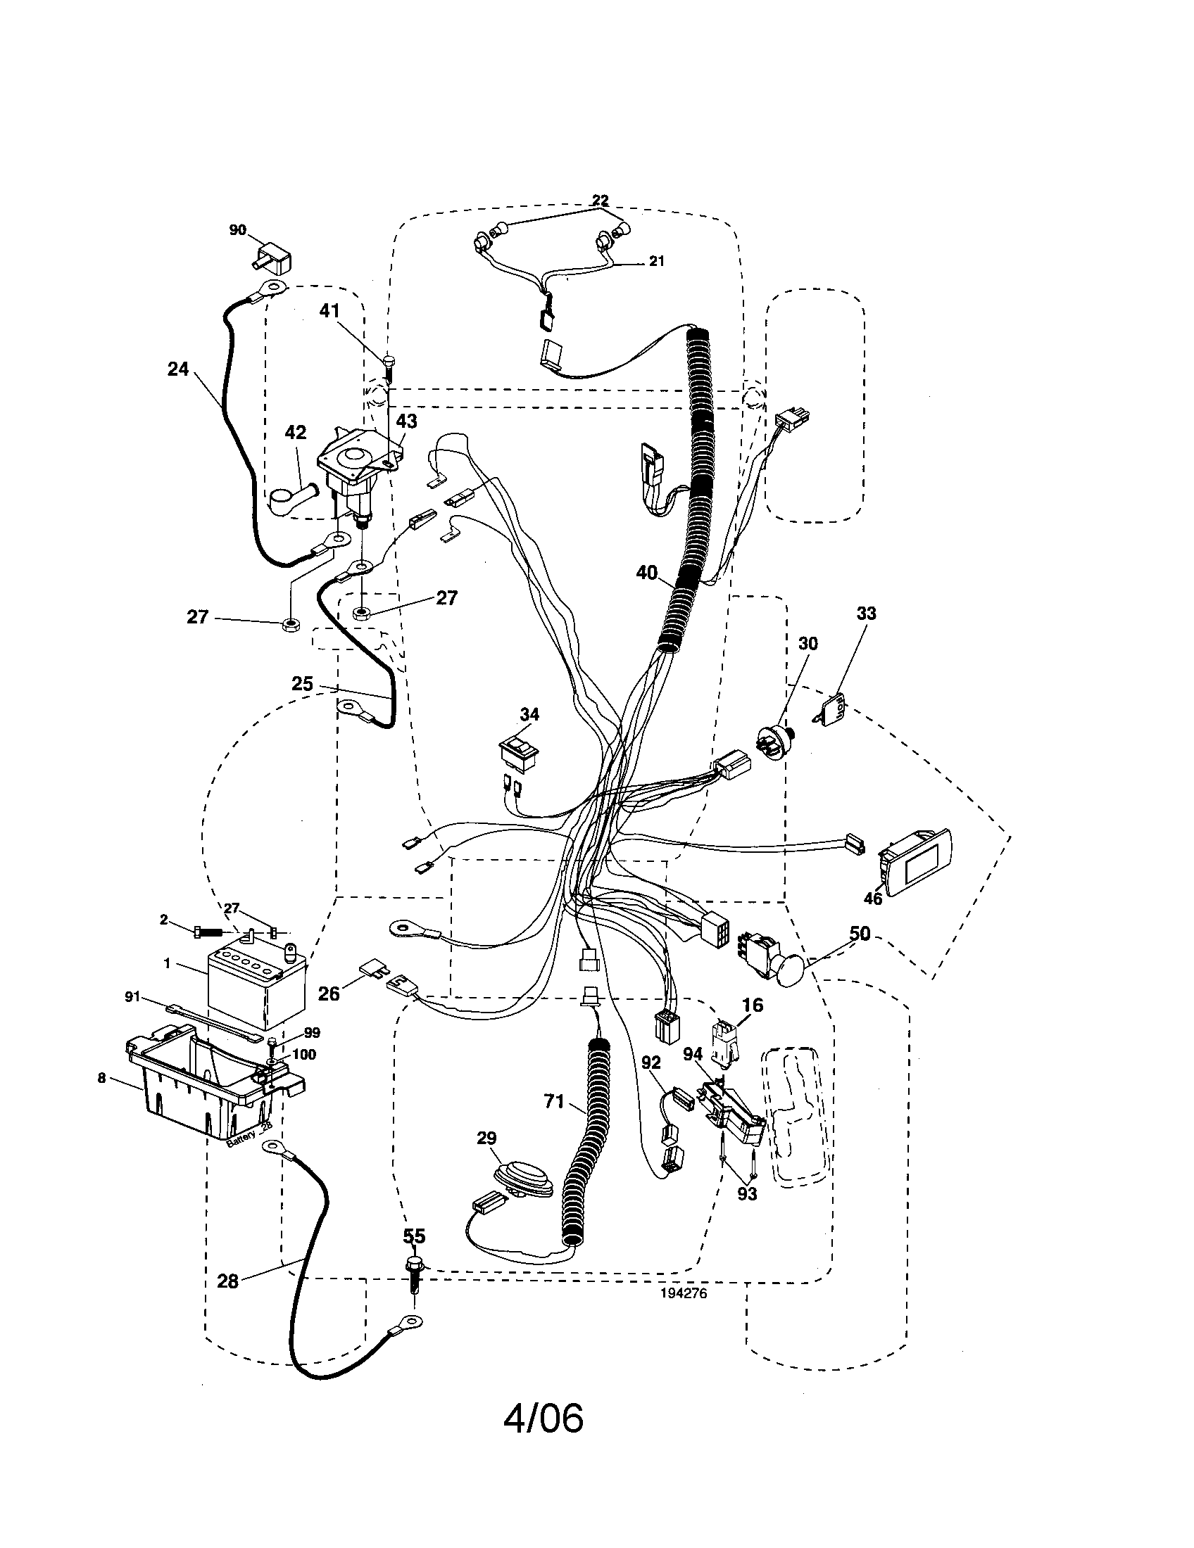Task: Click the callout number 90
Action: (237, 230)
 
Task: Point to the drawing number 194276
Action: (684, 1292)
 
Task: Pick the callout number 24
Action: (178, 369)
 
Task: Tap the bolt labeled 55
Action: (413, 1274)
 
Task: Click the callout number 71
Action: (554, 1100)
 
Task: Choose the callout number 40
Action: (646, 572)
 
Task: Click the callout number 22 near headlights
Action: (601, 201)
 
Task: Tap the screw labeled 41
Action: (388, 368)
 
